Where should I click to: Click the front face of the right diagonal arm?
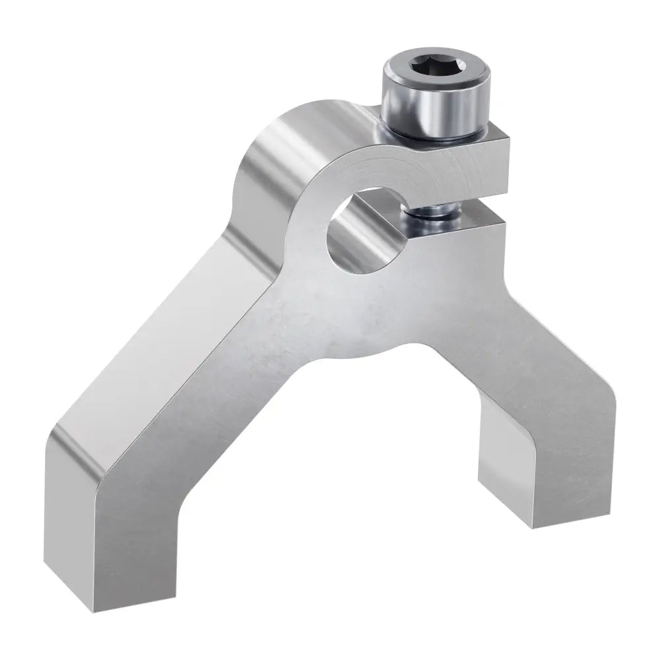pos(502,356)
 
